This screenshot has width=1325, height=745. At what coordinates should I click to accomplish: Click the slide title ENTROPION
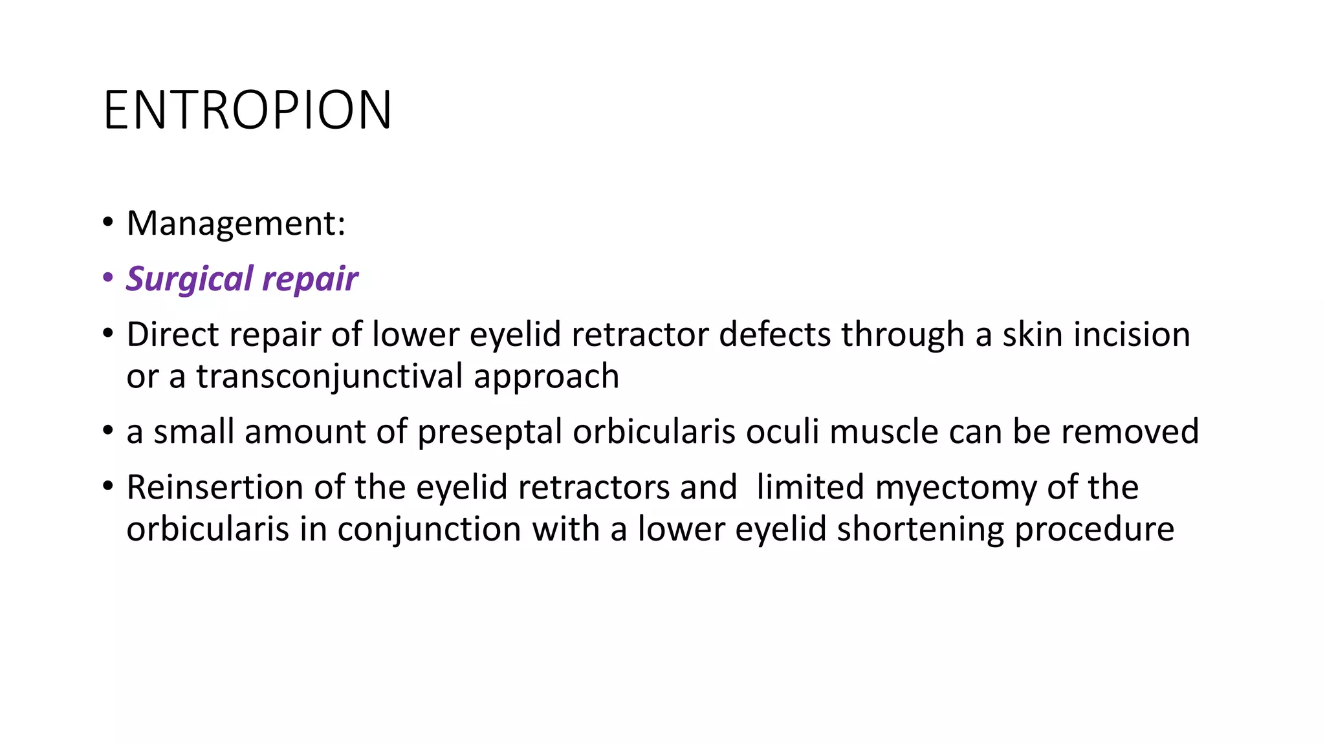click(247, 110)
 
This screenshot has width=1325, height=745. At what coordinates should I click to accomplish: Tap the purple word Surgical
click(189, 279)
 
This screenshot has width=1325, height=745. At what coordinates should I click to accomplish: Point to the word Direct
click(172, 335)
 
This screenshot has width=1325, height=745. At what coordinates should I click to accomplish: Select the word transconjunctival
click(329, 376)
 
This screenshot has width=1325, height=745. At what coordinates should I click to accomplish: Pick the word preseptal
click(489, 432)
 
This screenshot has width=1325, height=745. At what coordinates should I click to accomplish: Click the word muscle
click(884, 432)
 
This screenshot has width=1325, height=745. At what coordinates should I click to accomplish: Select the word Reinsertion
click(215, 488)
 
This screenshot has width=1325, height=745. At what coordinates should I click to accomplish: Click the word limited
click(810, 488)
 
